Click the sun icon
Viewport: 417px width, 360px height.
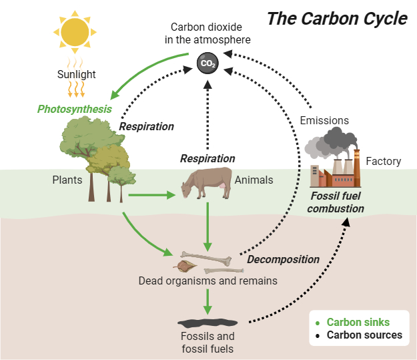[x=75, y=31]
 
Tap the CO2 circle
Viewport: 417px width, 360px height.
[x=208, y=64]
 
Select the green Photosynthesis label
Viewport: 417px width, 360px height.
[x=74, y=109]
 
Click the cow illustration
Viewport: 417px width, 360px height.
[x=204, y=182]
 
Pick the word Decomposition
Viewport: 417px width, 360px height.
[x=284, y=259]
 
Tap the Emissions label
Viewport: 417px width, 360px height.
[x=324, y=120]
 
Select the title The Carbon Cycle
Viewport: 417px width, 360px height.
[x=337, y=19]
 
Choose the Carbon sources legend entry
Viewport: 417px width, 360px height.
[x=364, y=335]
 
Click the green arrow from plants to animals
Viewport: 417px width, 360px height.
[x=151, y=195]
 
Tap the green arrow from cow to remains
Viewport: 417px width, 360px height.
[x=208, y=226]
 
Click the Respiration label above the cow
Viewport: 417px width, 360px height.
[x=207, y=159]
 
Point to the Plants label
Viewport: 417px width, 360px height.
[x=67, y=180]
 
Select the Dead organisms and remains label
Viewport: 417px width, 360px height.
[x=207, y=281]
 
